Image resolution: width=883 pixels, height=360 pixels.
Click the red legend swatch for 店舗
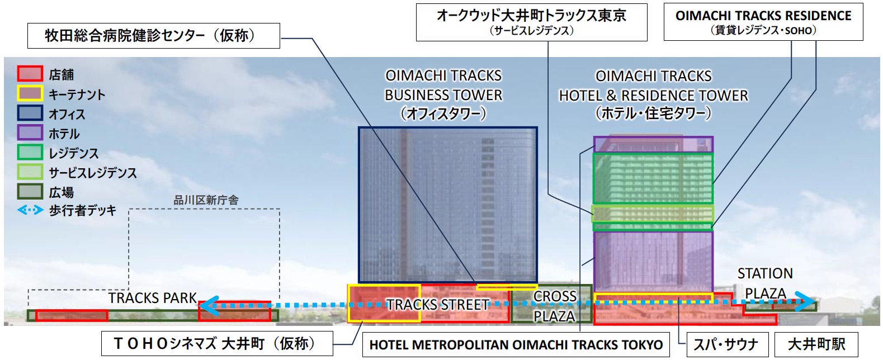point(30,74)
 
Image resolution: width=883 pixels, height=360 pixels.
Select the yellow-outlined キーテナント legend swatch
point(30,93)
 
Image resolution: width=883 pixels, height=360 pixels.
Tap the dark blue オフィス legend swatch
point(30,113)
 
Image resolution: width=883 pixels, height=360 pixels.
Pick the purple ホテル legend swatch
point(30,133)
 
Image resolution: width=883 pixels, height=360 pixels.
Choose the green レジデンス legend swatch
point(30,152)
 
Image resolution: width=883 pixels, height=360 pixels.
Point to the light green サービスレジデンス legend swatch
point(30,172)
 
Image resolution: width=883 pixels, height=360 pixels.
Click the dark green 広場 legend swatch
point(30,192)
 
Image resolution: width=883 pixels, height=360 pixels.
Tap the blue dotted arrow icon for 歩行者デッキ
point(30,210)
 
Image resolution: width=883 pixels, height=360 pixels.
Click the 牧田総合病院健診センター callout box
point(154,36)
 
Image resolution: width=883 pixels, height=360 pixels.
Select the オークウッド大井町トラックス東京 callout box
point(531,22)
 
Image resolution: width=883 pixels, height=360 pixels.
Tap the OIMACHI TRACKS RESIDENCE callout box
point(763,22)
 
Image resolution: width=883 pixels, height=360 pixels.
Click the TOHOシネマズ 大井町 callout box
point(217,343)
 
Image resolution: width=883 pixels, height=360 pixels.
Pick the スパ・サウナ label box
point(726,344)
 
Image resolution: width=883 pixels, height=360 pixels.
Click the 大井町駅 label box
point(816,344)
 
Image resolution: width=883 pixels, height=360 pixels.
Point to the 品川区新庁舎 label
point(206,200)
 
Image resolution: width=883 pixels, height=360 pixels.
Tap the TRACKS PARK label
point(153,298)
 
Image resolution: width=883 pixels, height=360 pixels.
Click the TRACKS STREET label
point(438,305)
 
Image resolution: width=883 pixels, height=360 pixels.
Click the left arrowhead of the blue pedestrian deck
point(206,305)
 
